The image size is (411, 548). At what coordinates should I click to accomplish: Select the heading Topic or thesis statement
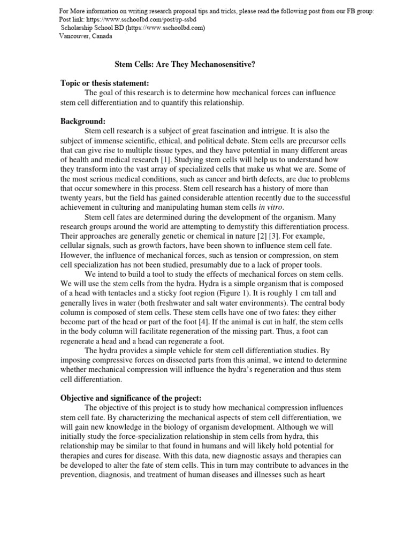pos(104,83)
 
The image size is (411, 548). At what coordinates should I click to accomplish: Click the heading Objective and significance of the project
pos(131,398)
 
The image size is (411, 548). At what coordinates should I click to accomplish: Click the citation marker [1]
pos(166,160)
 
